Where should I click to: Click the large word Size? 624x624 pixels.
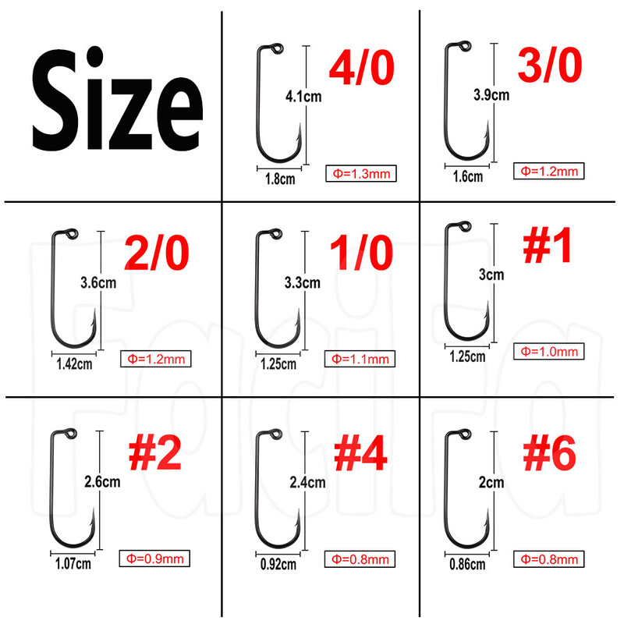pyautogui.click(x=118, y=99)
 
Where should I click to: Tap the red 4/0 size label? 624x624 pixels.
pyautogui.click(x=362, y=68)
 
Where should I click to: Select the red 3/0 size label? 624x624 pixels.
pyautogui.click(x=550, y=66)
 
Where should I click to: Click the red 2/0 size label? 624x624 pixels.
pyautogui.click(x=157, y=253)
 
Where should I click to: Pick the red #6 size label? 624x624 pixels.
pyautogui.click(x=549, y=454)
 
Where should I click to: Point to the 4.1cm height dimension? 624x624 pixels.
pyautogui.click(x=303, y=97)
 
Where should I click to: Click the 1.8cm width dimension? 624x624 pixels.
pyautogui.click(x=280, y=179)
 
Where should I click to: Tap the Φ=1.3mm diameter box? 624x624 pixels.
pyautogui.click(x=361, y=173)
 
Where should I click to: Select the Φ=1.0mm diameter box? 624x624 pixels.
pyautogui.click(x=549, y=352)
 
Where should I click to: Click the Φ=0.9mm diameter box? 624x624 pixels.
pyautogui.click(x=154, y=558)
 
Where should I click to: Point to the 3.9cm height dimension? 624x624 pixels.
pyautogui.click(x=491, y=95)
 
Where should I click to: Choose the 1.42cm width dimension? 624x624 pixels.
pyautogui.click(x=74, y=363)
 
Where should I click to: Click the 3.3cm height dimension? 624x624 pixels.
pyautogui.click(x=303, y=283)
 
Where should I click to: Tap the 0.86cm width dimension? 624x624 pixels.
pyautogui.click(x=467, y=564)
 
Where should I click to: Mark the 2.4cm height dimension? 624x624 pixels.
pyautogui.click(x=307, y=483)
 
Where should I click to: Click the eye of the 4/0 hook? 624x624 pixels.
pyautogui.click(x=278, y=48)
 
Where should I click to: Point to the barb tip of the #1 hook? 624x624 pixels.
pyautogui.click(x=487, y=302)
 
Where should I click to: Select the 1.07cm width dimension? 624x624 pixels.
pyautogui.click(x=73, y=563)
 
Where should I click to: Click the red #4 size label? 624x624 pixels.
pyautogui.click(x=360, y=454)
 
